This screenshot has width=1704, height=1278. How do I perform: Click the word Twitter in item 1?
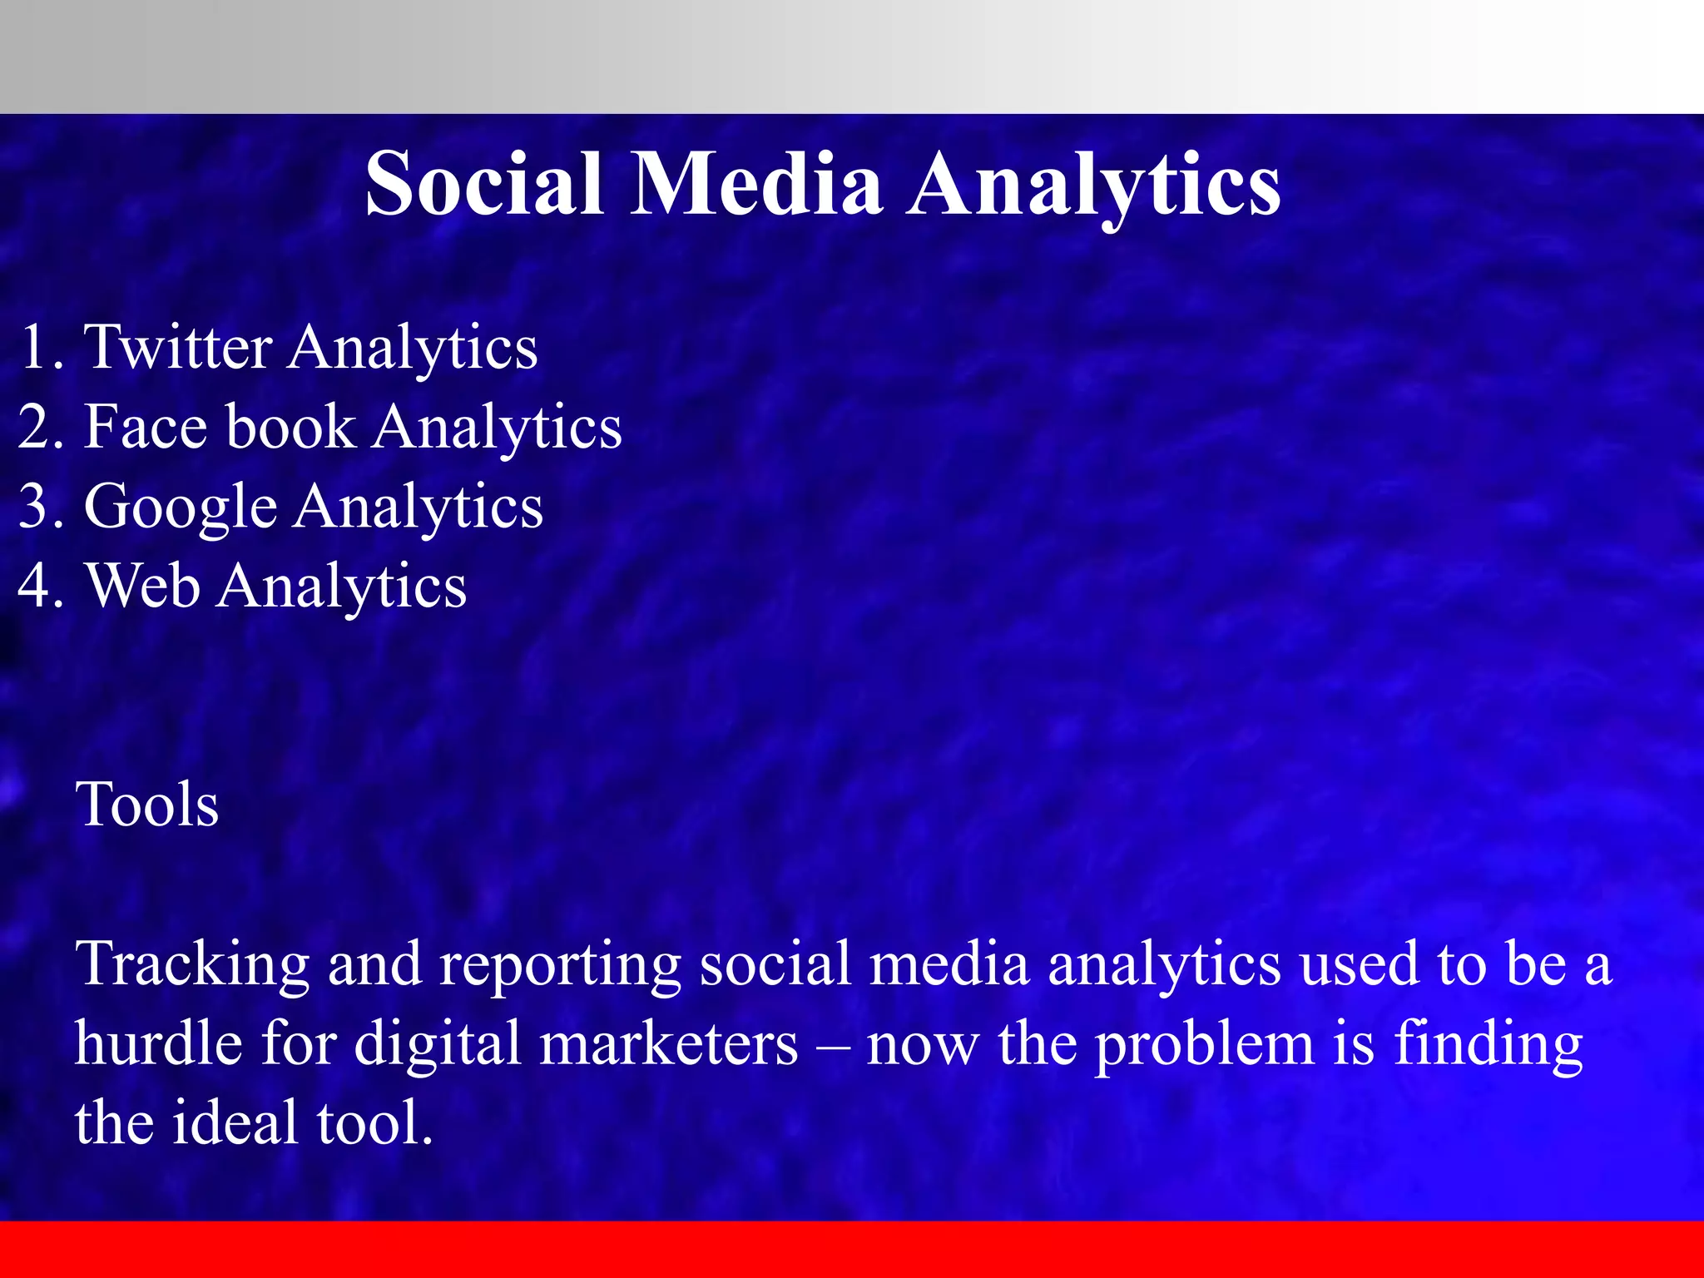(179, 346)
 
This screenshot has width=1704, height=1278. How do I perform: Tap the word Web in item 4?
(142, 586)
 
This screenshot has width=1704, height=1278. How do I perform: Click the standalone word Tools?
(147, 805)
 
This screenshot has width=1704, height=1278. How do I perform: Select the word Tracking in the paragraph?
(192, 963)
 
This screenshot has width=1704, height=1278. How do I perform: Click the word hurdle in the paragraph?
(157, 1043)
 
